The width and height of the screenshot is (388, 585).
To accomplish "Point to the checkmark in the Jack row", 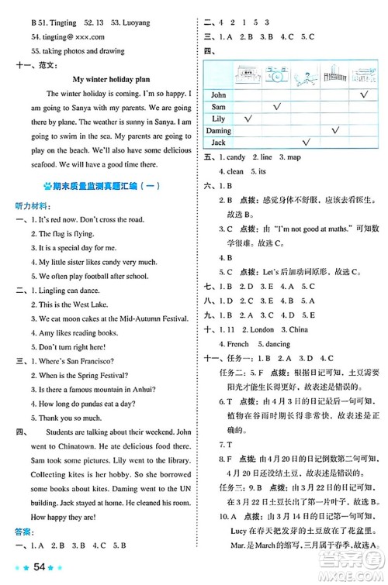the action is tap(306, 142).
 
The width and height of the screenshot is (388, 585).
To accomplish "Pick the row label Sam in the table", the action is tap(218, 106).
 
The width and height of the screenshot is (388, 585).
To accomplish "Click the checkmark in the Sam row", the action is tap(275, 106).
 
